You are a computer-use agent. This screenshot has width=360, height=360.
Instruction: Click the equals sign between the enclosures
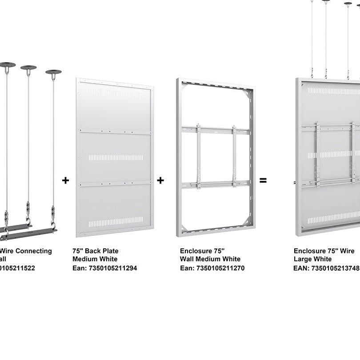click(263, 180)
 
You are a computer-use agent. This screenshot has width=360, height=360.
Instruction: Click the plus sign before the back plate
click(66, 180)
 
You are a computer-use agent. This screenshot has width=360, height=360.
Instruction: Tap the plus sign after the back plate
click(160, 180)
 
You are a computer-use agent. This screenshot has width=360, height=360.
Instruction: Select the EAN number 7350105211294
click(105, 268)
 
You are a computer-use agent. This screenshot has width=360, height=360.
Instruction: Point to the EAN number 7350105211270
click(212, 268)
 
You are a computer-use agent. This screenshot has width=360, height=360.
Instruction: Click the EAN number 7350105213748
click(326, 268)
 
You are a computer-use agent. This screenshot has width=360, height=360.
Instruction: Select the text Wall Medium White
click(210, 259)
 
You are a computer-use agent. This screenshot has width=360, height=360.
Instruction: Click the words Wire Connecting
click(28, 251)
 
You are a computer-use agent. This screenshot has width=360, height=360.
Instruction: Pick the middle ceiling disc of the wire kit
click(28, 68)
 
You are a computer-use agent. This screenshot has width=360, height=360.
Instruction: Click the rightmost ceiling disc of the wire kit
click(53, 72)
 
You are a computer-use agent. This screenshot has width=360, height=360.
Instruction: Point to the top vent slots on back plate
click(117, 93)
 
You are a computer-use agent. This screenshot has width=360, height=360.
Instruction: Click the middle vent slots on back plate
click(116, 157)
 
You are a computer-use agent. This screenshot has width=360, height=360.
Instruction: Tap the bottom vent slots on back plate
click(116, 221)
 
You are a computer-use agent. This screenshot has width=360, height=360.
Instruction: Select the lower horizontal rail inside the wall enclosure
click(216, 184)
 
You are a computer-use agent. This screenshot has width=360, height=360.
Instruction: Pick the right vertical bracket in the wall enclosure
click(234, 156)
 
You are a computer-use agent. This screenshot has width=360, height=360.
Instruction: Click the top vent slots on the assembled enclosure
click(333, 91)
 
